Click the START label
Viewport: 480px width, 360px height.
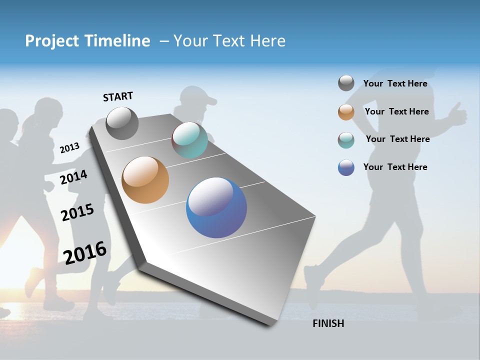(118, 96)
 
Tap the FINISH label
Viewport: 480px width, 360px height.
(328, 323)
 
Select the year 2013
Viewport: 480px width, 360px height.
(69, 148)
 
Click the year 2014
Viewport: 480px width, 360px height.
(73, 177)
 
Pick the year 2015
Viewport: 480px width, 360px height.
(77, 212)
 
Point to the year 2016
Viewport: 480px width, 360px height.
(85, 252)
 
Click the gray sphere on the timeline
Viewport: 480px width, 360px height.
(122, 123)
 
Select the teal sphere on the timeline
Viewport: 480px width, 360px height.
(189, 140)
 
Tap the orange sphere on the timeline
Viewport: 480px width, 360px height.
(145, 180)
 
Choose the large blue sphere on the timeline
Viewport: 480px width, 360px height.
(216, 208)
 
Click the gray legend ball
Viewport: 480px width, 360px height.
(346, 83)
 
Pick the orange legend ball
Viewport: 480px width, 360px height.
(346, 112)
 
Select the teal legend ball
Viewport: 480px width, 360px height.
(346, 139)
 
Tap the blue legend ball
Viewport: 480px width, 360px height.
(346, 167)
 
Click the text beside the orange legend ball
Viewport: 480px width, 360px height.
(396, 111)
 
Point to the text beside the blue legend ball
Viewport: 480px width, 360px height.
(395, 167)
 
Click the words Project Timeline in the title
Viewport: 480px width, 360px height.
(87, 41)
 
